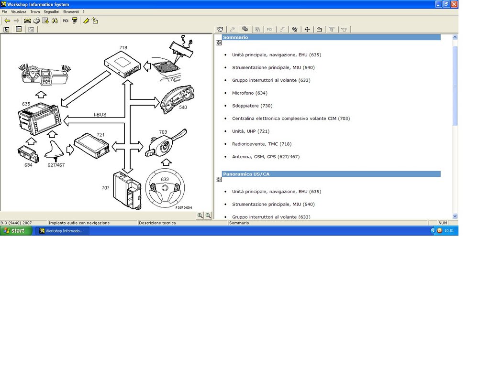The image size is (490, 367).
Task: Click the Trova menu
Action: (x=35, y=12)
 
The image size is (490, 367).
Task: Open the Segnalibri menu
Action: (x=51, y=12)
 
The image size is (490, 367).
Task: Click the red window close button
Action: (x=455, y=4)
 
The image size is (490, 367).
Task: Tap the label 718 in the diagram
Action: (x=123, y=47)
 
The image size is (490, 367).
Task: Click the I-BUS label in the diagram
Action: (x=100, y=115)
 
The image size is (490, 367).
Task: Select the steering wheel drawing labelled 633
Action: (x=165, y=188)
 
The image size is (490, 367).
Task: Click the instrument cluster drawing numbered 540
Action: (x=177, y=99)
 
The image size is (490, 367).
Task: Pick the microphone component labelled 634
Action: (x=28, y=153)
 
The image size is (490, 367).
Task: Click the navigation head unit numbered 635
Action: (x=39, y=119)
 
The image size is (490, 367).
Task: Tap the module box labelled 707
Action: (x=127, y=190)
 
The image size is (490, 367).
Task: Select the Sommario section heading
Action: (x=235, y=37)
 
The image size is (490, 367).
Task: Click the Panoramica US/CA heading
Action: (x=246, y=174)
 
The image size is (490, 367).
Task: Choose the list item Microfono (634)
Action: (x=250, y=93)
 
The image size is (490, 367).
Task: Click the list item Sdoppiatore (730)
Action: (x=252, y=106)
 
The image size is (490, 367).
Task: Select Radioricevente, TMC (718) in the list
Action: (x=262, y=144)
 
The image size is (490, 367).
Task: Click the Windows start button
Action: (x=16, y=231)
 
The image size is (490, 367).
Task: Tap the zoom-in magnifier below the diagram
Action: (x=200, y=216)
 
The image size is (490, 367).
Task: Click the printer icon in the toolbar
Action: (x=36, y=21)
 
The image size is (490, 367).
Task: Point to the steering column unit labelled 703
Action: (x=165, y=143)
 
